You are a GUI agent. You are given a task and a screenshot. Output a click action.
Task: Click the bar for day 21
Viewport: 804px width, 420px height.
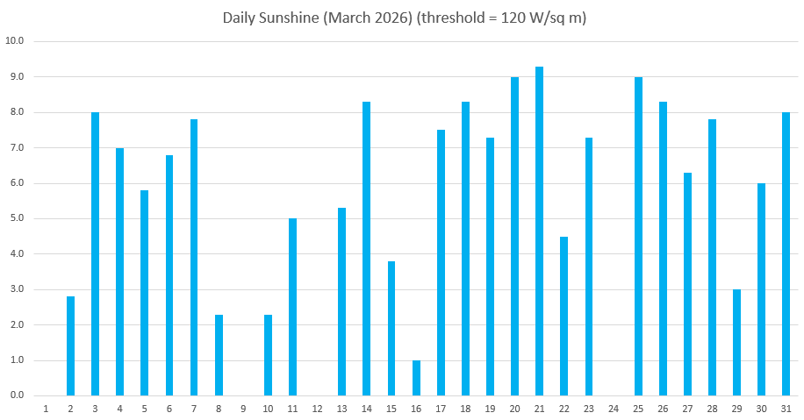click(540, 231)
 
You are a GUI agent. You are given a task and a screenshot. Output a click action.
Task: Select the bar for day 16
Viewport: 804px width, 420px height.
click(416, 378)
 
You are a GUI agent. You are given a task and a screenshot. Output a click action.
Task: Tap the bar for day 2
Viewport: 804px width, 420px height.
click(71, 346)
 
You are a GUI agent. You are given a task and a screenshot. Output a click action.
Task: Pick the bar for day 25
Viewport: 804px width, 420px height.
click(638, 237)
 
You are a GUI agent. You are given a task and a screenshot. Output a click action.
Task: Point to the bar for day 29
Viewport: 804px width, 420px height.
click(736, 343)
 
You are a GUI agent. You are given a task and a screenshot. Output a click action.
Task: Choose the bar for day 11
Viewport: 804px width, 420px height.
click(293, 307)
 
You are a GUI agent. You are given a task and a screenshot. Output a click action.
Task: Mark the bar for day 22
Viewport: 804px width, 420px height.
click(564, 316)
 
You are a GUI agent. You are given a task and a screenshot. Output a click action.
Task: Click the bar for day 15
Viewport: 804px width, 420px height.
click(391, 329)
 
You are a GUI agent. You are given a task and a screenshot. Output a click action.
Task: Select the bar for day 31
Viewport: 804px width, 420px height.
click(786, 254)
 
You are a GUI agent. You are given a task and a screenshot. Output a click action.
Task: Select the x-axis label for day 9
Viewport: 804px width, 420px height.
click(243, 409)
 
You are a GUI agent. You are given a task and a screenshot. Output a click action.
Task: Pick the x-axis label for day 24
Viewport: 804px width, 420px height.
click(614, 409)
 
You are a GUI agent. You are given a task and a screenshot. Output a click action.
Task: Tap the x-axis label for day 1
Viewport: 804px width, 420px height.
click(46, 409)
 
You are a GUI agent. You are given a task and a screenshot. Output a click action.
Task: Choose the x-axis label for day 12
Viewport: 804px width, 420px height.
click(318, 409)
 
